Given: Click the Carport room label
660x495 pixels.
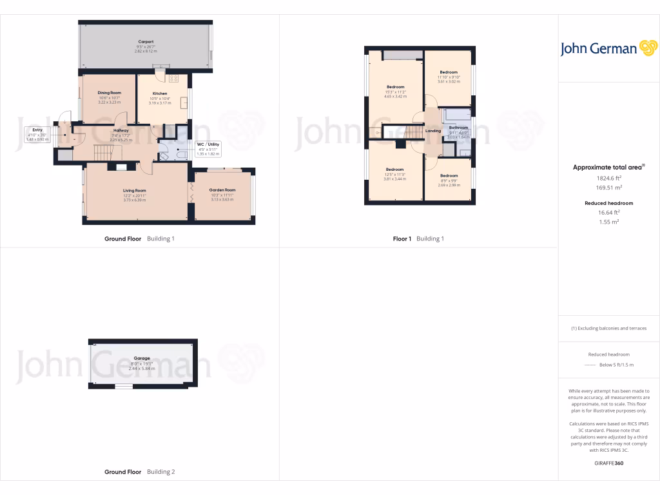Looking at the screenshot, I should click(146, 42).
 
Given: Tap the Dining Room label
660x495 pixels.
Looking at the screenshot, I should click(109, 93).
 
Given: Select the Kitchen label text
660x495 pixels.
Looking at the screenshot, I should click(159, 93).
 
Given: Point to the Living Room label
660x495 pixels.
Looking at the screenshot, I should click(135, 191).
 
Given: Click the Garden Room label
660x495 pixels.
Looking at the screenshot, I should click(222, 190).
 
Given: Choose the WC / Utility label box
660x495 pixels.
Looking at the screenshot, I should click(208, 149).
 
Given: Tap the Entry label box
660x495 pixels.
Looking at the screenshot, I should click(37, 134).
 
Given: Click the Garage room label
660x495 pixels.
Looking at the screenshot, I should click(142, 358).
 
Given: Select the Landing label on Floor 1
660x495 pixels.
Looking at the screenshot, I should click(433, 131).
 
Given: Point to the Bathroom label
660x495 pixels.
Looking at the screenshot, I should click(458, 128).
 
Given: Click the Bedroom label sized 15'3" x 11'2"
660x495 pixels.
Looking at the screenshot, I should click(395, 87).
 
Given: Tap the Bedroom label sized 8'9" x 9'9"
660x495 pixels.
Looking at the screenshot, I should click(449, 175).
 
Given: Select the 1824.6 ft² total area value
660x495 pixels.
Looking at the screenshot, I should click(608, 177).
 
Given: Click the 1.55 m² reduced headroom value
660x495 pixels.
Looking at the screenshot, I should click(608, 221).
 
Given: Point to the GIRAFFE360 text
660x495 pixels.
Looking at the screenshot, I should click(608, 463).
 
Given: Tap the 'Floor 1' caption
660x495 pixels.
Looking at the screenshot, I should click(402, 238).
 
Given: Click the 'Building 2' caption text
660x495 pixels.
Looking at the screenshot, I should click(160, 472).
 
